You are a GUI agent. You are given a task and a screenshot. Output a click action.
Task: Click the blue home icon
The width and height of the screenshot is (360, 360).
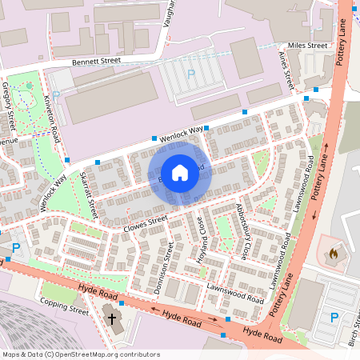(x=180, y=172)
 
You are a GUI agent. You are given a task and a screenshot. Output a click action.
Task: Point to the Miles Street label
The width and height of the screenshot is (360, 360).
(x=308, y=46)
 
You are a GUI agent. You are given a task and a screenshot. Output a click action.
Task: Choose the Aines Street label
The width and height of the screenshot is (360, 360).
(x=286, y=68)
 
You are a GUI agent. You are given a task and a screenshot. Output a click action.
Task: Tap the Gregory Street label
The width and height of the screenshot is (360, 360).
(x=10, y=102)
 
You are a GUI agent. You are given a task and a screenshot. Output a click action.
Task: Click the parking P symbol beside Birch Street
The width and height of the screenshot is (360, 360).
(x=334, y=318)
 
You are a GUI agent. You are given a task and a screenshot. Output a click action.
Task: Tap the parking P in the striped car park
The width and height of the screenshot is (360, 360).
(x=190, y=74)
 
